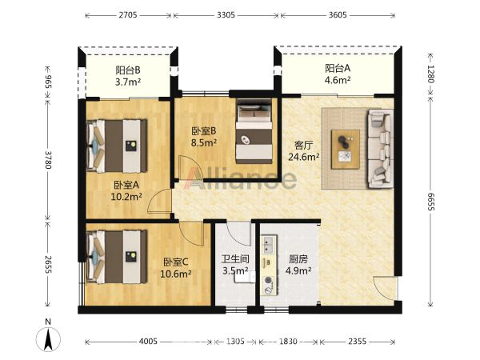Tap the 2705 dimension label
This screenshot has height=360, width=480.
point(128,15)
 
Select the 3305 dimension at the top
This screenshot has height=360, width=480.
point(226,15)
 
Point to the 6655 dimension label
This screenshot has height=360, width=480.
point(430,202)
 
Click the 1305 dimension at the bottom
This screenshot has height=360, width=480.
point(235,341)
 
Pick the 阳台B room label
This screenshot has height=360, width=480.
point(128,70)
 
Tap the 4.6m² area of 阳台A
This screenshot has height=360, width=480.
point(338,80)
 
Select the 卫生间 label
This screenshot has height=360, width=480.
point(235,259)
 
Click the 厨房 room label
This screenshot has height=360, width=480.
point(298,259)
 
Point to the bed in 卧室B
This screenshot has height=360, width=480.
point(254,132)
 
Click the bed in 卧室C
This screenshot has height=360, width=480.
point(117,257)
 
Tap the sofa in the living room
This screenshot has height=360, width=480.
point(381,149)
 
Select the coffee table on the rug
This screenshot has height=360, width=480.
point(346,149)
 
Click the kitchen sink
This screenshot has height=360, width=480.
point(269,244)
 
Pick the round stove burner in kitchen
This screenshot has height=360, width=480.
point(269,279)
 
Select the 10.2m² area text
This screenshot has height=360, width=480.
point(126,196)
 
